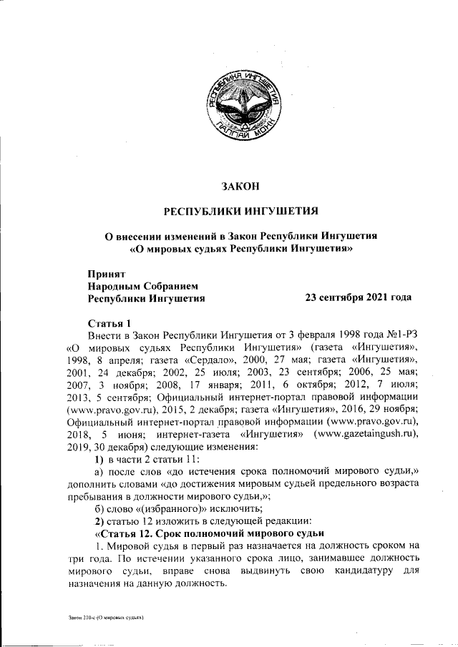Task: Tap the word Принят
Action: (x=106, y=274)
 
